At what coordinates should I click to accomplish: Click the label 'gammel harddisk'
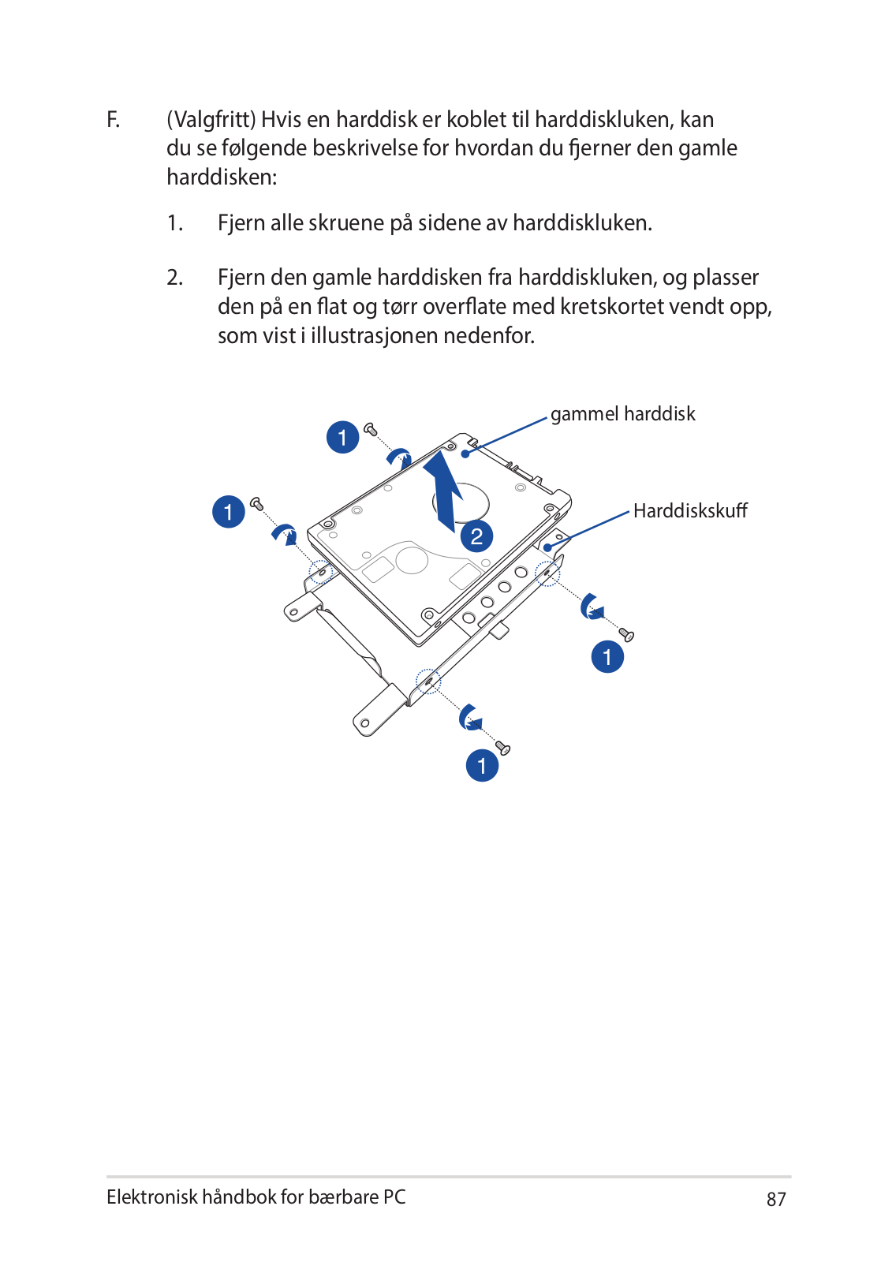pos(622,414)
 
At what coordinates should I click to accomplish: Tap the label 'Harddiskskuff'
pos(689,511)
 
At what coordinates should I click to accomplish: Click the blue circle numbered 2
pos(476,537)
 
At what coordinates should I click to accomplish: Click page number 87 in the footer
pos(776,1200)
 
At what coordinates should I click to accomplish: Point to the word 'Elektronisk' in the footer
pos(152,1197)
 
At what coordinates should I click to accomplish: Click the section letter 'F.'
pos(114,120)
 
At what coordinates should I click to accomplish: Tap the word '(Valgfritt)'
pos(211,120)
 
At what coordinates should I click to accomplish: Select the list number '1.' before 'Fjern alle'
pos(175,223)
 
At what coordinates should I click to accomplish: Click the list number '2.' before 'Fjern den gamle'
pos(175,278)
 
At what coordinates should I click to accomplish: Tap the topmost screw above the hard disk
pos(370,429)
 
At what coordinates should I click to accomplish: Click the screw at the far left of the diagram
pos(256,502)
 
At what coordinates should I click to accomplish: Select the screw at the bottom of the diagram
pos(502,747)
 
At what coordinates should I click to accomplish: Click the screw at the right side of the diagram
pos(626,634)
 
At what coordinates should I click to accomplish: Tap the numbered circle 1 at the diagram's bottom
pos(482,766)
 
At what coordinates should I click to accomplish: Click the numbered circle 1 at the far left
pos(229,512)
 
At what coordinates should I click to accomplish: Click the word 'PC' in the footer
pos(394,1197)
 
